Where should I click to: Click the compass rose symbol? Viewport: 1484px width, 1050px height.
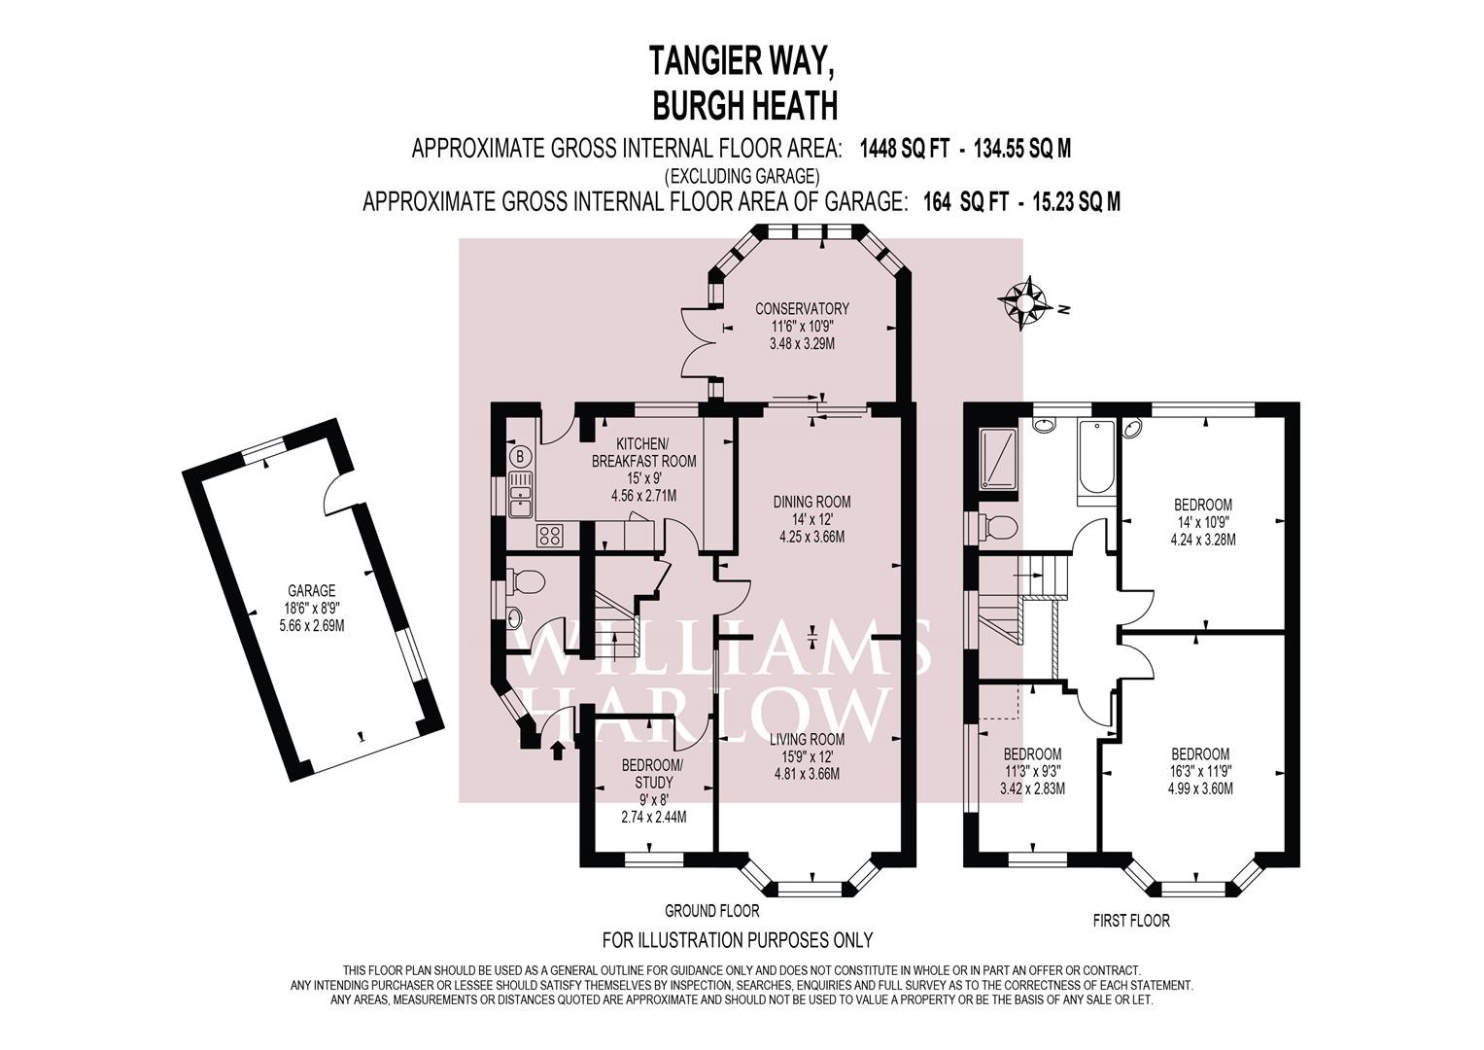1024,302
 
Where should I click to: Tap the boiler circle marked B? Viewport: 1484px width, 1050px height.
520,456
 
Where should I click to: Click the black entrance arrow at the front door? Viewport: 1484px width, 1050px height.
558,750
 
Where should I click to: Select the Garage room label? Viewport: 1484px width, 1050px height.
311,590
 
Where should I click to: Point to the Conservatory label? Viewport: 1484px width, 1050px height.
802,308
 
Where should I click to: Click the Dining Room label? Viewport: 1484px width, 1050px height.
811,502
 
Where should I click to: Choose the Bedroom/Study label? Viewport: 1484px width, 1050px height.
653,774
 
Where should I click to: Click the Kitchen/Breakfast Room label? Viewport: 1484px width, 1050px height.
644,452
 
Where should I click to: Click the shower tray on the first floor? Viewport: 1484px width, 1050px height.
998,459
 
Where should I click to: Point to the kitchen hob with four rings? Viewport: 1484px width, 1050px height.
550,535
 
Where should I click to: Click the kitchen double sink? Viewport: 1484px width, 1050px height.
521,494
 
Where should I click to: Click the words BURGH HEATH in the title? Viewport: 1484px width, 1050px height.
745,104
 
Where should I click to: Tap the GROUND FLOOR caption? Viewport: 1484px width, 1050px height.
712,911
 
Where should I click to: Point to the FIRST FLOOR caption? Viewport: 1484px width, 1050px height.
1131,920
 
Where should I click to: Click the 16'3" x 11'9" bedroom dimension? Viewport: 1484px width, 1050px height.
1200,771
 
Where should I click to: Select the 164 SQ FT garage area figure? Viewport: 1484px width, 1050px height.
967,201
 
